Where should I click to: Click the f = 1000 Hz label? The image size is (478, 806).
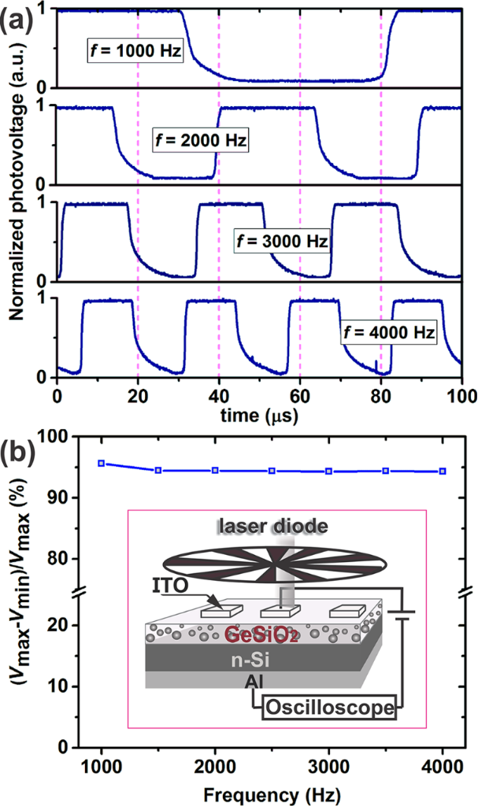point(135,54)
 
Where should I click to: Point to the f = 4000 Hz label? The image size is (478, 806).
point(387,333)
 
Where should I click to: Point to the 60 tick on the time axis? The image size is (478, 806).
point(300,394)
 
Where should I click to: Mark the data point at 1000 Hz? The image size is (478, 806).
point(101,464)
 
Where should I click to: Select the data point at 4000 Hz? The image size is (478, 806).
point(443,471)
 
